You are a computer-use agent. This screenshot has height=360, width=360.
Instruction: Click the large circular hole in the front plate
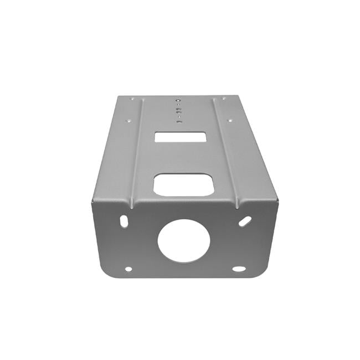pyautogui.click(x=184, y=241)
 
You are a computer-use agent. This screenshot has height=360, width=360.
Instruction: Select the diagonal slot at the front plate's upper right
pyautogui.click(x=245, y=221)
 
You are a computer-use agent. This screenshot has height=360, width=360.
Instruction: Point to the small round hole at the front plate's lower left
pyautogui.click(x=128, y=269)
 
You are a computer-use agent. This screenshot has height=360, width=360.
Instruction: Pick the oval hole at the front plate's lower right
pyautogui.click(x=239, y=269)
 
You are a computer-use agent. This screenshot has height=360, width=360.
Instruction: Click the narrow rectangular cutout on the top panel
pyautogui.click(x=181, y=137)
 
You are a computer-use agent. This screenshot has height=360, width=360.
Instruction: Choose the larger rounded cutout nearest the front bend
pyautogui.click(x=183, y=184)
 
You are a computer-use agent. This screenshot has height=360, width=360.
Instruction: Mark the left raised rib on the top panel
pyautogui.click(x=136, y=150)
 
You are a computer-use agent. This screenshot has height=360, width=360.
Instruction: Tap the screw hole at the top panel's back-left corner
pyautogui.click(x=132, y=99)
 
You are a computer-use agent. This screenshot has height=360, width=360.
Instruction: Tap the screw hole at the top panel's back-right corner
pyautogui.click(x=224, y=99)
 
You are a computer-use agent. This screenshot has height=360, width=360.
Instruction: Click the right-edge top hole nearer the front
pyautogui.click(x=229, y=117)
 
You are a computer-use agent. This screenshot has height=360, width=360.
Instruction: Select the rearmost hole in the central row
pyautogui.click(x=178, y=101)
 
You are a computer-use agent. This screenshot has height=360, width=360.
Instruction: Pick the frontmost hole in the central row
pyautogui.click(x=178, y=121)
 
